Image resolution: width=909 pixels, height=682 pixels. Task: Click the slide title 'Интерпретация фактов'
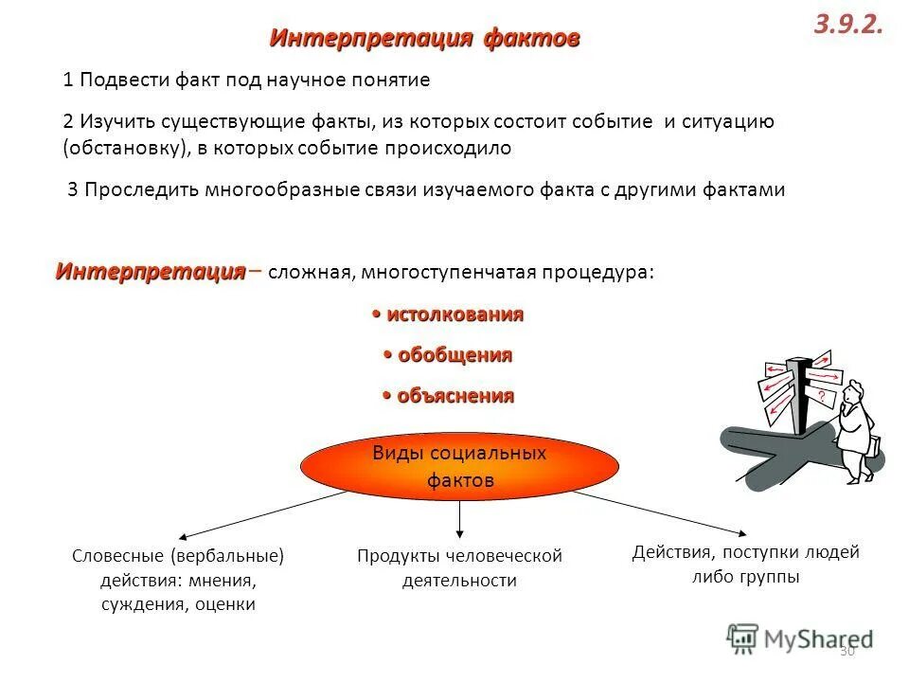[x=424, y=39]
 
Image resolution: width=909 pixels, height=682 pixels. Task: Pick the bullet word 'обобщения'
[x=448, y=355]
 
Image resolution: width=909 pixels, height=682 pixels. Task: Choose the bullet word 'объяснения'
[x=449, y=396]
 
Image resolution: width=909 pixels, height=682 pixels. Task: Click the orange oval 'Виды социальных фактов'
[x=459, y=466]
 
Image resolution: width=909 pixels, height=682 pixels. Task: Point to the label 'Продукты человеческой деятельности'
[x=459, y=567]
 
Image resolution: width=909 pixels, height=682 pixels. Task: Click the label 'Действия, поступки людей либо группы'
[x=745, y=564]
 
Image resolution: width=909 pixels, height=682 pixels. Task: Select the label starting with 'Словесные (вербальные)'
[x=178, y=579]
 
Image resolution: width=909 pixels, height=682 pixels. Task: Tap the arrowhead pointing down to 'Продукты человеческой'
[x=459, y=532]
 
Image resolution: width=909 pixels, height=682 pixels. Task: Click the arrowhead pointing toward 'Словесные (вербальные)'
[x=179, y=537]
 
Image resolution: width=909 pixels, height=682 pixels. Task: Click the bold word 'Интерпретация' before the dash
[x=150, y=272]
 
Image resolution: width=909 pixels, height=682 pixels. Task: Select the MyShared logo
[x=800, y=637]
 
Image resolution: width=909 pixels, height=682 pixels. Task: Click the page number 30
[x=847, y=652]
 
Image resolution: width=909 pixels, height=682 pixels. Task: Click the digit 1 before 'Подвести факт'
[x=68, y=81]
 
